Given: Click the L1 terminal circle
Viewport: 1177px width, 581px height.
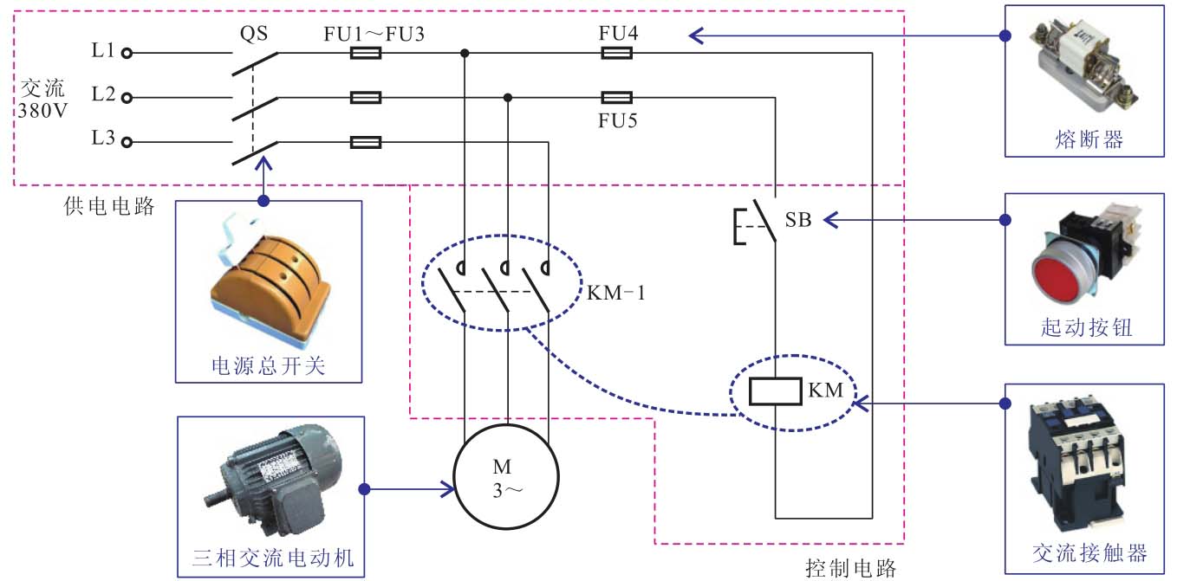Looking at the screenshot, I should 127,53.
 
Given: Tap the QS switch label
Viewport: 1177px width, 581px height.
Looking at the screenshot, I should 253,33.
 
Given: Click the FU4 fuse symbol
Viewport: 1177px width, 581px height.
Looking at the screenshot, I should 616,53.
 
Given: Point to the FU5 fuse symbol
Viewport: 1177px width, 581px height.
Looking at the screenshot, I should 616,97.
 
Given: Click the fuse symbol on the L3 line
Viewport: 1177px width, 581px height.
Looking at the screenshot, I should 365,142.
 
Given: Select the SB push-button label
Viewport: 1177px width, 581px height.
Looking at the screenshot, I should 798,220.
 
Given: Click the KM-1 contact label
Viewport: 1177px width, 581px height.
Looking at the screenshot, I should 616,294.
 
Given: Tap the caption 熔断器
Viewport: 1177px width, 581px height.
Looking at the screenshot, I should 1089,139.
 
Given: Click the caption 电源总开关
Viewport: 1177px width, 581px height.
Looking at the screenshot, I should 269,366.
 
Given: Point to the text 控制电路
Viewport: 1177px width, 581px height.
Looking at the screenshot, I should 850,568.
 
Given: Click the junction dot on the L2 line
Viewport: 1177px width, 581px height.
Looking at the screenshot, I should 508,97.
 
